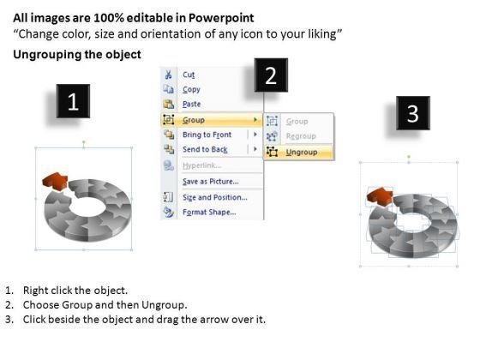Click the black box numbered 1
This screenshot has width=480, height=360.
(x=73, y=101)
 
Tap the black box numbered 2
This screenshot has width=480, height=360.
(x=271, y=75)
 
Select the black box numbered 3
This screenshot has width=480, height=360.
(x=413, y=113)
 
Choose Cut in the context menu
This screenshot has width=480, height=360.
(x=189, y=75)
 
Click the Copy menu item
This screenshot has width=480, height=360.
(x=191, y=89)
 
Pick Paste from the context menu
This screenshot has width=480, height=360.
(x=192, y=104)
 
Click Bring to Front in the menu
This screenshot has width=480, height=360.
(x=207, y=135)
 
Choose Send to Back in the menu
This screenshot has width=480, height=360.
(x=205, y=149)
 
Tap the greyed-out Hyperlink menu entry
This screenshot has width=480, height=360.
(x=201, y=165)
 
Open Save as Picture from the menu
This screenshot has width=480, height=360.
(x=211, y=182)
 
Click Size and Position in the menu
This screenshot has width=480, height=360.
(x=215, y=197)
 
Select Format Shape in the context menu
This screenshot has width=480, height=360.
(x=209, y=213)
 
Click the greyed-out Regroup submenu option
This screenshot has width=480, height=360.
(x=301, y=136)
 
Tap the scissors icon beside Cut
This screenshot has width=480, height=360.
(x=168, y=75)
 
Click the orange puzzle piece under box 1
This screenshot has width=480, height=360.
(x=55, y=181)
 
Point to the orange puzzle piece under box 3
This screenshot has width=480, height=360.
(x=380, y=196)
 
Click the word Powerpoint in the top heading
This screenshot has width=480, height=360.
(x=221, y=18)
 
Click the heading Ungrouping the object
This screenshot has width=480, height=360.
(x=77, y=55)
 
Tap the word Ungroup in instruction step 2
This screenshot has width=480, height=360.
(x=164, y=305)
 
